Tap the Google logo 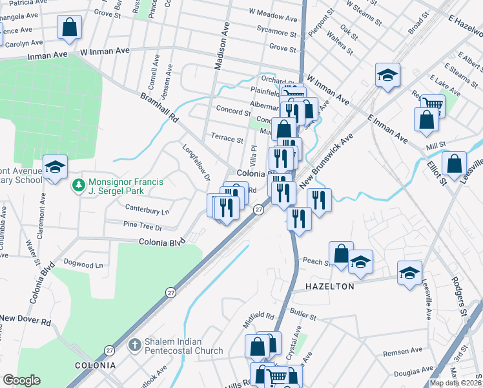pyautogui.click(x=21, y=380)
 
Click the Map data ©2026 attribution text pyautogui.click(x=456, y=383)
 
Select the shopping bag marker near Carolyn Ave pyautogui.click(x=70, y=28)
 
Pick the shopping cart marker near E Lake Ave pyautogui.click(x=433, y=105)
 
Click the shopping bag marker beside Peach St pyautogui.click(x=341, y=253)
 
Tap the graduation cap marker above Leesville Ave pyautogui.click(x=409, y=273)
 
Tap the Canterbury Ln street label pyautogui.click(x=147, y=211)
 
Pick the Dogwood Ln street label pyautogui.click(x=83, y=264)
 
